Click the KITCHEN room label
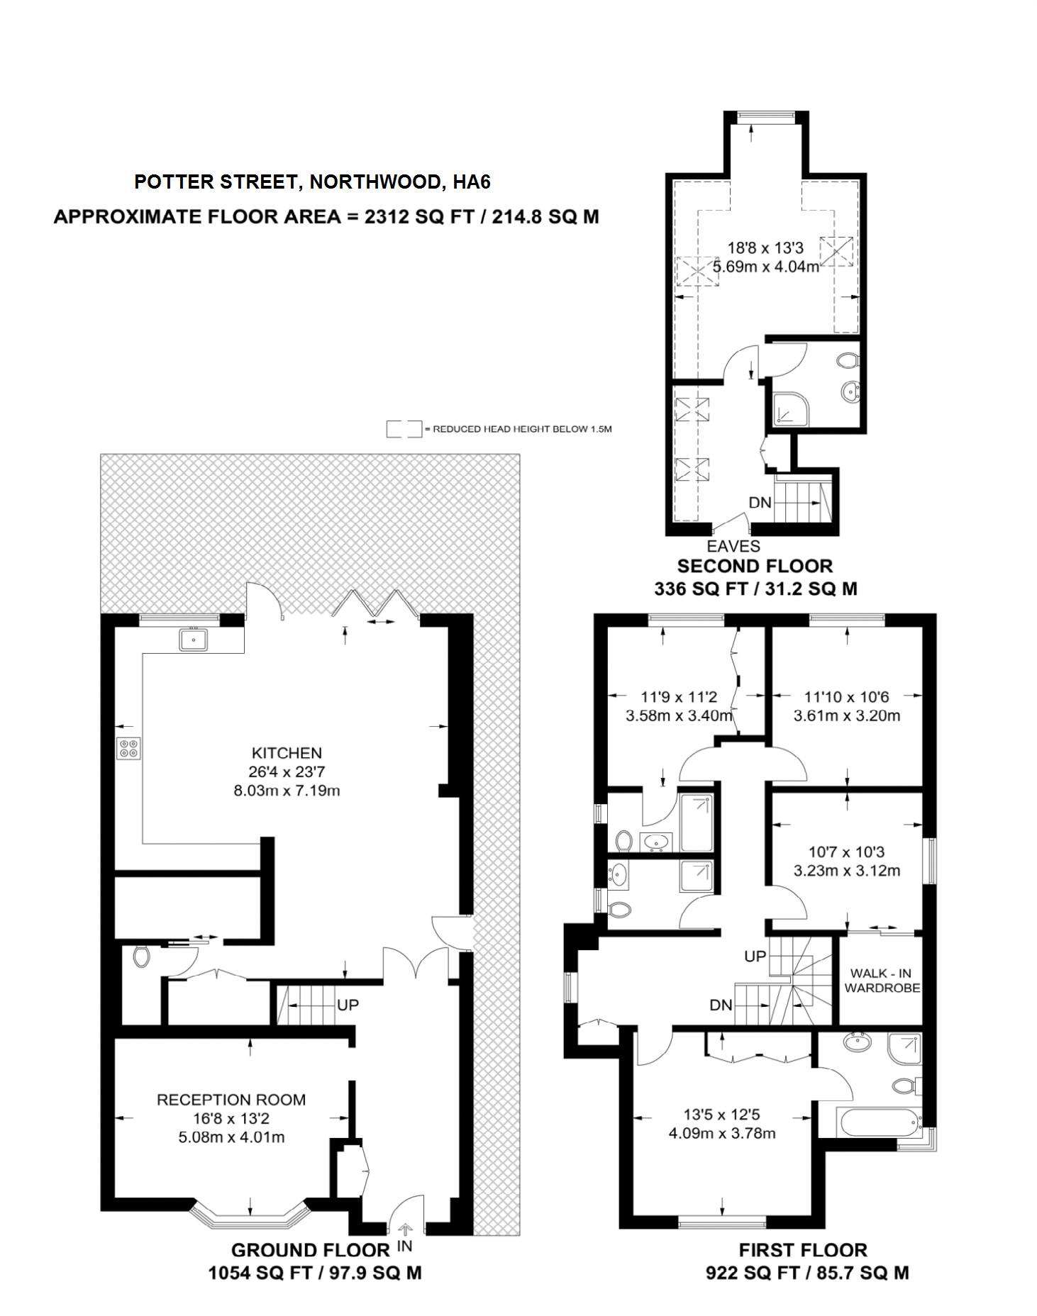point(287,752)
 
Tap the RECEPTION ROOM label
point(231,1099)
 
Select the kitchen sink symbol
point(194,640)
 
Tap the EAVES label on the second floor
point(733,546)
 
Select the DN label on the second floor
point(760,503)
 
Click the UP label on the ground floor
point(348,1005)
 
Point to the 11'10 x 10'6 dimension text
point(847,696)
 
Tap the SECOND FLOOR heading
point(755,566)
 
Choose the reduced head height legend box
point(404,429)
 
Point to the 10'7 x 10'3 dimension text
point(847,852)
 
